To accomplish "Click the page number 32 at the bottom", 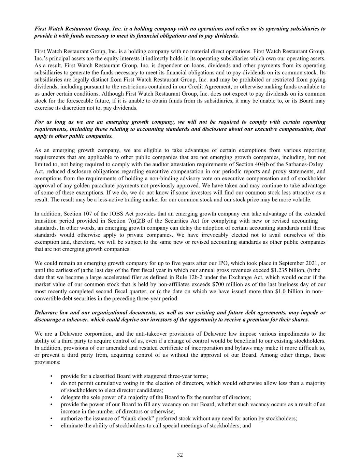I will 180,455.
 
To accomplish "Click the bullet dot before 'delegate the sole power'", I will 51,397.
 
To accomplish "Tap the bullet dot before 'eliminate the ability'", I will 51,425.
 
